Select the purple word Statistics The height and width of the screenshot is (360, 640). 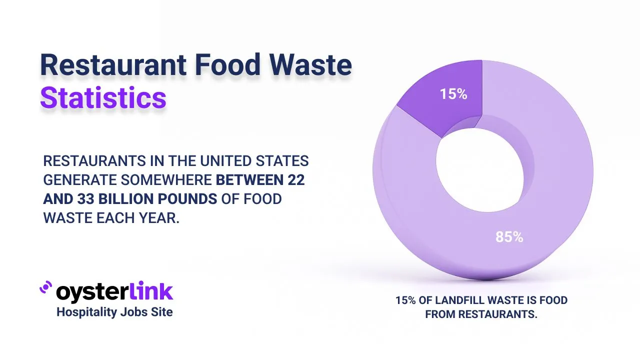pyautogui.click(x=103, y=98)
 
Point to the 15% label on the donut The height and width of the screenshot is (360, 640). pyautogui.click(x=453, y=94)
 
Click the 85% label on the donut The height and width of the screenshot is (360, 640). pyautogui.click(x=509, y=237)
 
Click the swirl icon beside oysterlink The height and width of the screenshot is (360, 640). pyautogui.click(x=46, y=288)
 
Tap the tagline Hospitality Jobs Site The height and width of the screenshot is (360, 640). pyautogui.click(x=114, y=312)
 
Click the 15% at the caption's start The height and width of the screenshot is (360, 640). pyautogui.click(x=404, y=300)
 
